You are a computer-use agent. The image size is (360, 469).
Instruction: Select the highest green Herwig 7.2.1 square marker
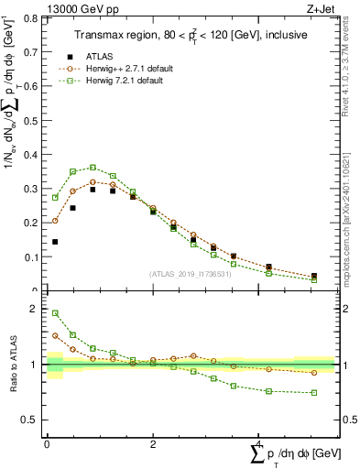coord(93,168)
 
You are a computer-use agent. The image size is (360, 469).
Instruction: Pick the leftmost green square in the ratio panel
coord(55,313)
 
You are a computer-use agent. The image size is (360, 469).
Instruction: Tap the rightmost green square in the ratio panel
coord(314,393)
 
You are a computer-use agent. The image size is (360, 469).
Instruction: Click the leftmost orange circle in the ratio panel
coord(55,335)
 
